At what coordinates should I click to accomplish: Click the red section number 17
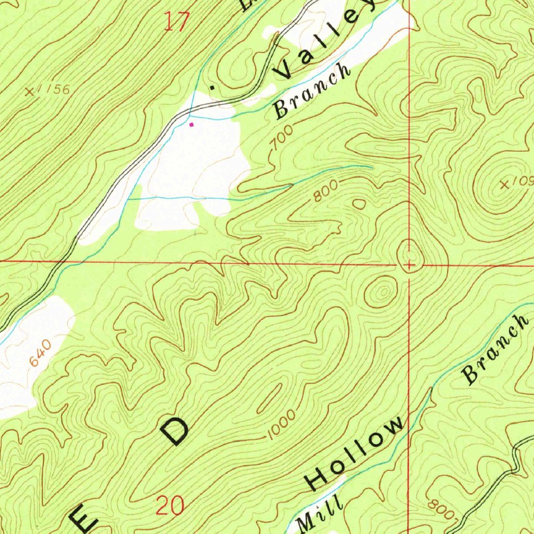[176, 22]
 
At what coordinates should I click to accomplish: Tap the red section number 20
[171, 505]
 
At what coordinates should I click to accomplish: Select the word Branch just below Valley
[312, 91]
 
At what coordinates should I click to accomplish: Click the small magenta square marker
[191, 125]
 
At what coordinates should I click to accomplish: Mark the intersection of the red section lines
[409, 264]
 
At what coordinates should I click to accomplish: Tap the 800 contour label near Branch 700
[326, 191]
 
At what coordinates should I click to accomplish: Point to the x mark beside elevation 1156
[31, 92]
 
